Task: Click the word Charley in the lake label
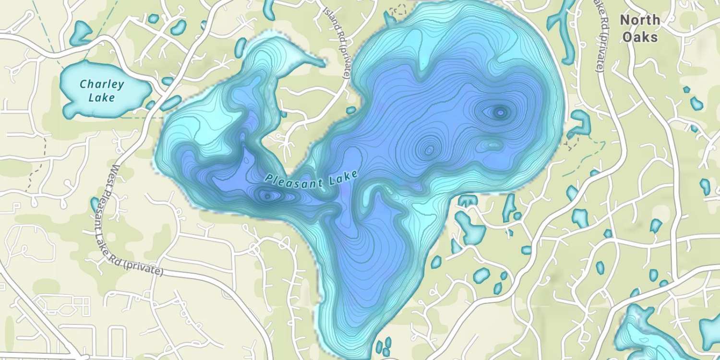point(102,85)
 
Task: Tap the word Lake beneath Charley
point(102,98)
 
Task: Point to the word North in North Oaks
point(639,20)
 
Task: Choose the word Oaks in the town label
point(639,36)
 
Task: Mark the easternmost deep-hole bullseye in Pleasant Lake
point(501,112)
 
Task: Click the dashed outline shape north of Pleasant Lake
point(397,9)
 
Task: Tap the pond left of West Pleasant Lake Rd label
point(95,204)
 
